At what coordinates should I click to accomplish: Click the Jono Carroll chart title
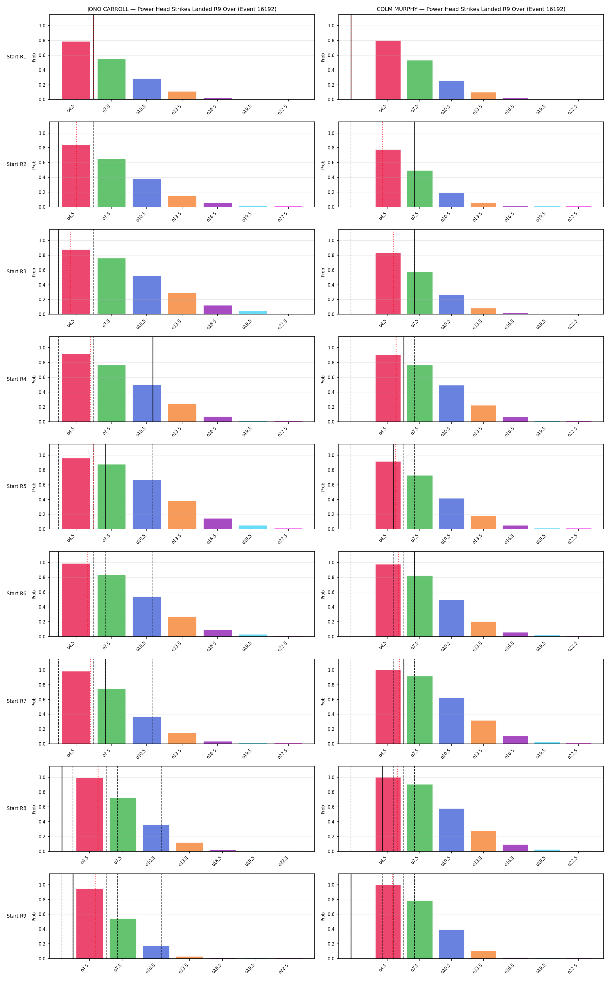pyautogui.click(x=182, y=9)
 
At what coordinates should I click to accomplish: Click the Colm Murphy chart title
pyautogui.click(x=471, y=9)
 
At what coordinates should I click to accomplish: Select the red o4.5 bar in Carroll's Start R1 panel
pyautogui.click(x=76, y=70)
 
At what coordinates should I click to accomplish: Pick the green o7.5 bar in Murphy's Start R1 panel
pyautogui.click(x=419, y=80)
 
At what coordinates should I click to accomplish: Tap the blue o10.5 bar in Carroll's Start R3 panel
pyautogui.click(x=147, y=295)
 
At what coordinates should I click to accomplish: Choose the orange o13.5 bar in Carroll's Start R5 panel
pyautogui.click(x=182, y=515)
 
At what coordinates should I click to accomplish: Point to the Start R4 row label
pyautogui.click(x=17, y=379)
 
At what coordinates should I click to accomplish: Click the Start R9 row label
pyautogui.click(x=17, y=916)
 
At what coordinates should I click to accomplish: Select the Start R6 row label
pyautogui.click(x=17, y=594)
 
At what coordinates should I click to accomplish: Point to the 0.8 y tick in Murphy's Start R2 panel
pyautogui.click(x=331, y=148)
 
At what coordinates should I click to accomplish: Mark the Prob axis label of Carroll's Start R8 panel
pyautogui.click(x=34, y=809)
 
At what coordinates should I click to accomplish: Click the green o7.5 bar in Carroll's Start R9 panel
pyautogui.click(x=123, y=939)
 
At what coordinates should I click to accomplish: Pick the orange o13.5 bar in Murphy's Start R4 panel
pyautogui.click(x=483, y=413)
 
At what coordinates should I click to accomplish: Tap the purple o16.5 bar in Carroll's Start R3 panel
pyautogui.click(x=218, y=310)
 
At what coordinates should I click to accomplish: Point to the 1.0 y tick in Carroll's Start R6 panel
pyautogui.click(x=42, y=562)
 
